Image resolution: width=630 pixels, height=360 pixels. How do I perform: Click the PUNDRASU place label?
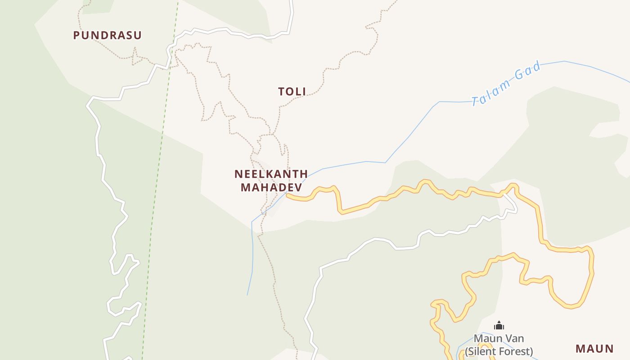[108, 35]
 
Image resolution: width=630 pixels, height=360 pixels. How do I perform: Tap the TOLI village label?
[292, 92]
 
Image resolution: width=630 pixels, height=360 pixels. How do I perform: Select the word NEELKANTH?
[271, 174]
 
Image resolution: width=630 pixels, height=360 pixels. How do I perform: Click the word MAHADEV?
[271, 187]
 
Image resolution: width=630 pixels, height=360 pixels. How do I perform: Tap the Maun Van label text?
[499, 338]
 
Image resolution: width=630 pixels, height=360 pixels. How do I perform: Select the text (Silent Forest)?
[499, 351]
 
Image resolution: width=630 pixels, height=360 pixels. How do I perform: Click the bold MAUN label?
[594, 348]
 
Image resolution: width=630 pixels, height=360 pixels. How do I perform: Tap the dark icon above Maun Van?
[499, 325]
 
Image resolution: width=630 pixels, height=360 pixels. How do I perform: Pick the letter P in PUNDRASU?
[76, 35]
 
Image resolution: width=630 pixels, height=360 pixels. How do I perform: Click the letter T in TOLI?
[281, 92]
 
